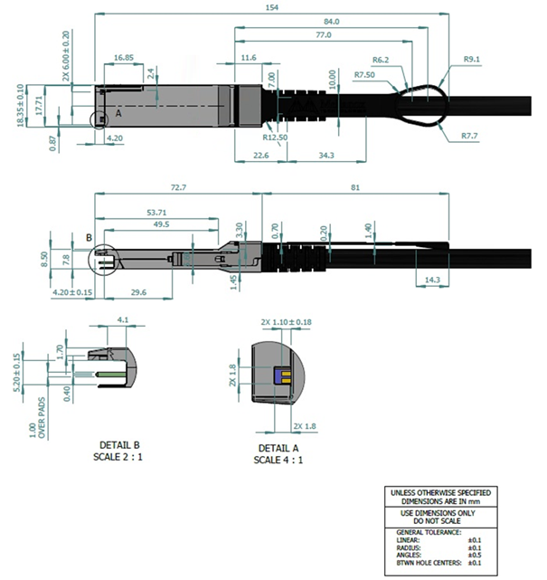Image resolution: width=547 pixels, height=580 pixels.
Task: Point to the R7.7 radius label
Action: tap(468, 136)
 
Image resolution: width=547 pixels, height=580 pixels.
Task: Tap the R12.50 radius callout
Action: tap(275, 138)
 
